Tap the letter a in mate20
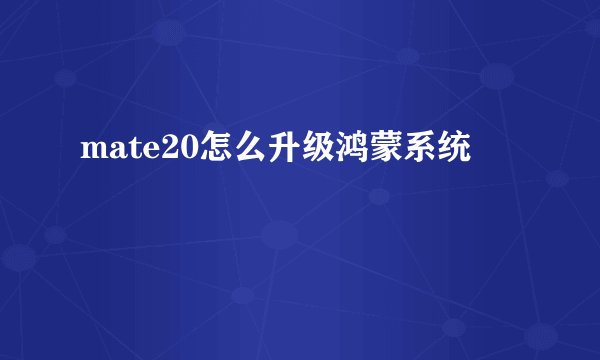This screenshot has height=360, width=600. (116, 153)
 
